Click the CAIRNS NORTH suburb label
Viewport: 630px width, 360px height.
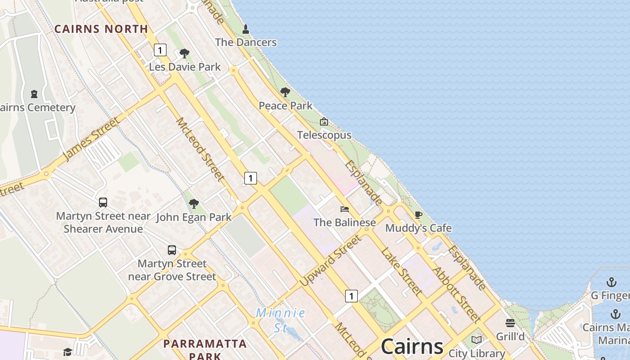click(101, 29)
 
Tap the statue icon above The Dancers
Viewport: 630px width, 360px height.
click(246, 30)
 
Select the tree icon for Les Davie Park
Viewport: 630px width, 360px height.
click(184, 54)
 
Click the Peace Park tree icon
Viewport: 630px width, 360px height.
click(285, 92)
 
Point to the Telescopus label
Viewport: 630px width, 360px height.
click(324, 135)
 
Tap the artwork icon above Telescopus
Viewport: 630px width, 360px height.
click(324, 121)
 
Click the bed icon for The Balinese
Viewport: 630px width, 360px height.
click(345, 209)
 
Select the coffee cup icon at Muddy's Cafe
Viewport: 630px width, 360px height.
click(418, 215)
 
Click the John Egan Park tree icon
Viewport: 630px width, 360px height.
click(194, 204)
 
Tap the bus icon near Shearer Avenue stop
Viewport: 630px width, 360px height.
click(103, 202)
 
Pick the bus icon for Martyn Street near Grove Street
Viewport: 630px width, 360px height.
click(172, 250)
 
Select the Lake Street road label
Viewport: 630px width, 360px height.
click(402, 271)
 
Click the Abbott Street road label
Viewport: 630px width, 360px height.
click(456, 295)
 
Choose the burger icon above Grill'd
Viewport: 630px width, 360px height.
click(510, 323)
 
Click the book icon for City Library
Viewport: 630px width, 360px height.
click(477, 340)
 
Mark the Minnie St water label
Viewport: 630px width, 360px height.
click(281, 319)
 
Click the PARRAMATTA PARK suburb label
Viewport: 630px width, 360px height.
click(205, 350)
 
